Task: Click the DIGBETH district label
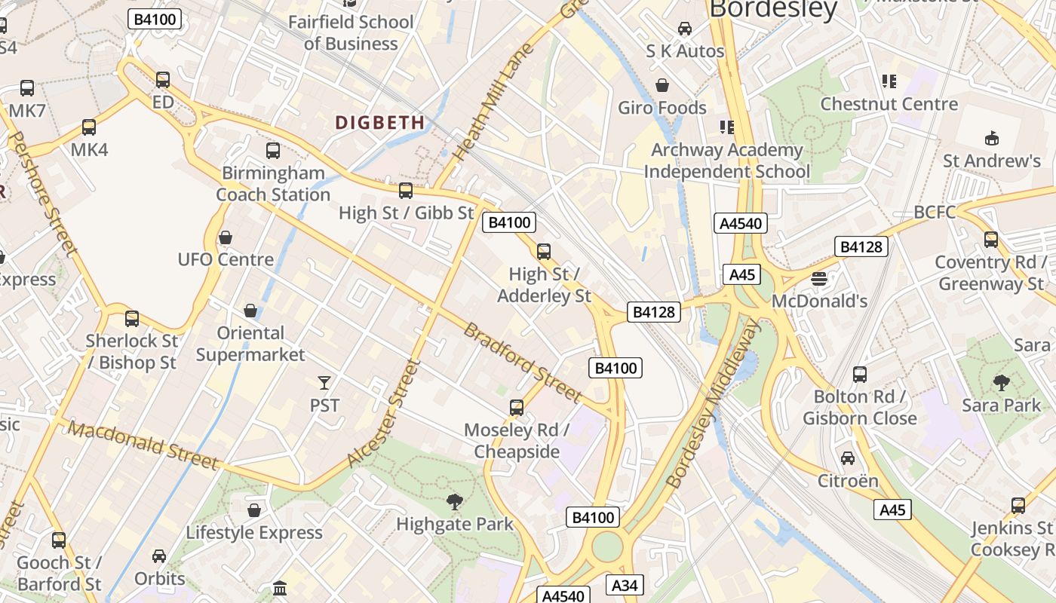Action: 379,122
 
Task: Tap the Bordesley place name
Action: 773,9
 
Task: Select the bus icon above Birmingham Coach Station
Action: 273,151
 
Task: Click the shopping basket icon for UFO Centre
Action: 225,238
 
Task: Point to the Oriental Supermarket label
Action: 250,344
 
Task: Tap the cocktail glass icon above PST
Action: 324,383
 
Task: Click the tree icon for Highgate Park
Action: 454,501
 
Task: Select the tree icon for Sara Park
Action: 1001,383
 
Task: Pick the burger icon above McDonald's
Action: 819,279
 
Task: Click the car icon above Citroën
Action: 848,458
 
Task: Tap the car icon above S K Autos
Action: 684,29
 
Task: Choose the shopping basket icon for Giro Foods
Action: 662,85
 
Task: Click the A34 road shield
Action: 625,585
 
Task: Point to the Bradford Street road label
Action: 522,363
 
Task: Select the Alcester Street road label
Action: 383,413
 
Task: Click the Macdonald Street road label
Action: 143,445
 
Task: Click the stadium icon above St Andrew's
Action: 991,139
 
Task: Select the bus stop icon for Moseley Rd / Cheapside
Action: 517,408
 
